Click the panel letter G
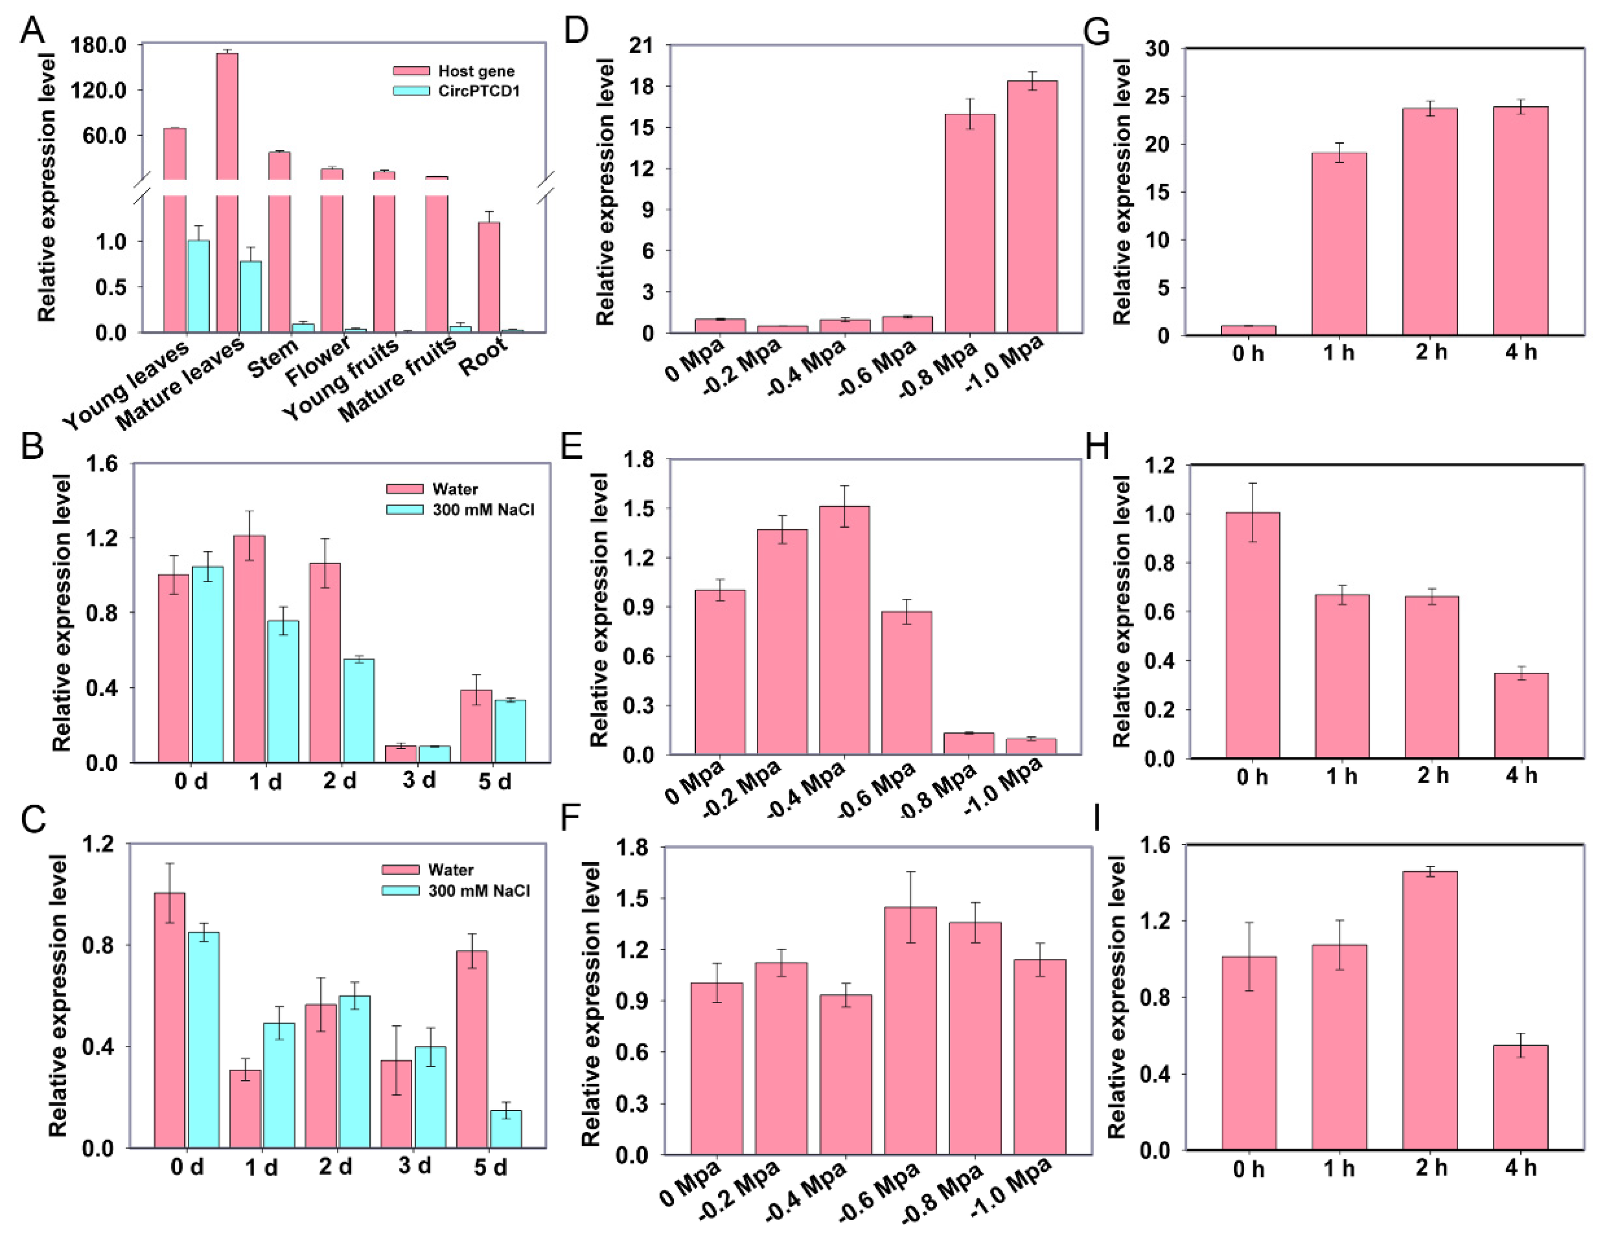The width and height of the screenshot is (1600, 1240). coord(1097,32)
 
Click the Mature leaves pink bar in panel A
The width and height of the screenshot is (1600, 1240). coord(227,117)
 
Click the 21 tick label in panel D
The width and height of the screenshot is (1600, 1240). coord(640,45)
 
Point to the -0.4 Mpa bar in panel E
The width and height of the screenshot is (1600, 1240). coord(844,630)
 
